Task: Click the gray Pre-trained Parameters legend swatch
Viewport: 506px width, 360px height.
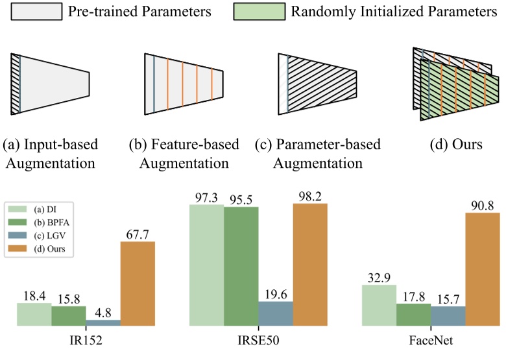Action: coord(45,12)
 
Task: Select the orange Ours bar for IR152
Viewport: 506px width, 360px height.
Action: coord(138,283)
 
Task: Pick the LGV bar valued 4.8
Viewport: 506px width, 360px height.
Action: coord(103,322)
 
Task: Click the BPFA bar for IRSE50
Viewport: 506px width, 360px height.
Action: coord(241,266)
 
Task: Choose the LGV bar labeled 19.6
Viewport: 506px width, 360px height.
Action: coord(275,313)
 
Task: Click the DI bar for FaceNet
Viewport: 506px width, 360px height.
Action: coord(378,305)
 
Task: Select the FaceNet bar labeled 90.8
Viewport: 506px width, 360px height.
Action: coord(482,269)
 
